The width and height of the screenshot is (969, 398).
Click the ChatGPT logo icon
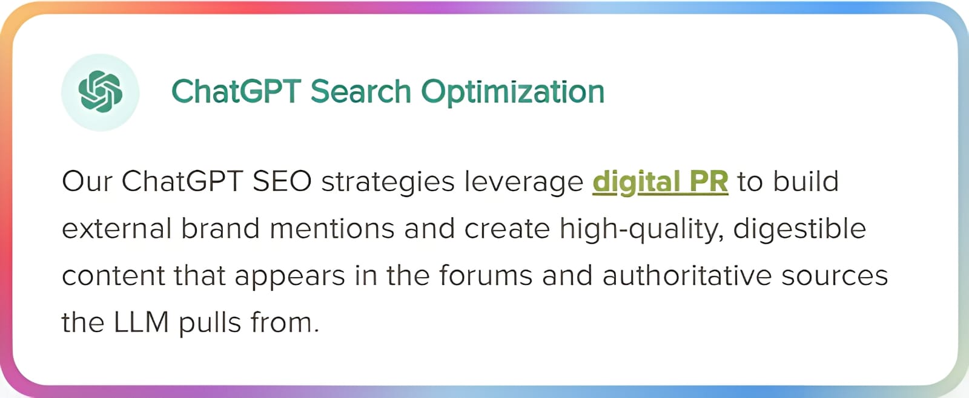[x=100, y=91]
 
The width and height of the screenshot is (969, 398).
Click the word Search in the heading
[x=361, y=91]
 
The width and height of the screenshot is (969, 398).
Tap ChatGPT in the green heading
[x=236, y=91]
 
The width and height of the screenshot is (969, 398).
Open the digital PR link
[x=660, y=182]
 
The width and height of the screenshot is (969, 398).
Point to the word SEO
[x=282, y=181]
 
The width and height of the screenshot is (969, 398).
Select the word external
[x=117, y=228]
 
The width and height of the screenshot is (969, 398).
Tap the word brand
[x=220, y=228]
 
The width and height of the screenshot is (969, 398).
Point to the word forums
[x=486, y=275]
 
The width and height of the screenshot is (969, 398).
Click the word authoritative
[x=687, y=275]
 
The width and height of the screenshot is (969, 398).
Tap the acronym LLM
[x=141, y=322]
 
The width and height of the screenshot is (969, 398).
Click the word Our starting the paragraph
[x=87, y=181]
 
